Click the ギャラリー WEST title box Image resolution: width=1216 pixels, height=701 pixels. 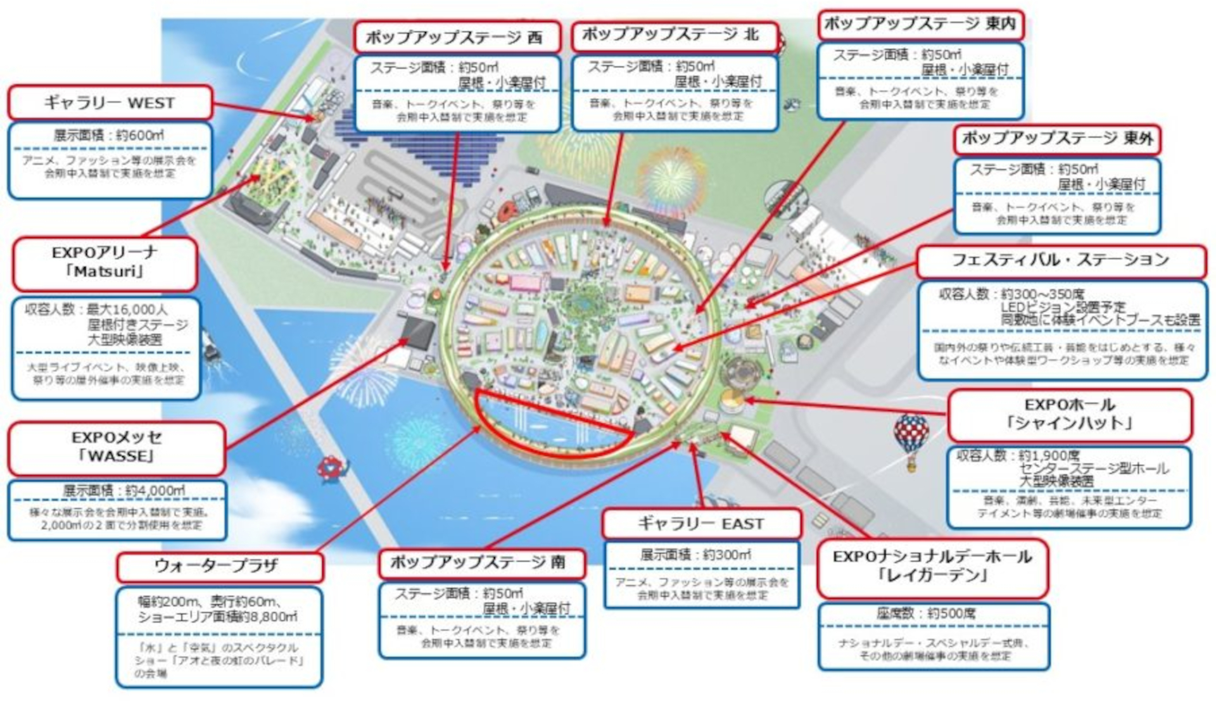coord(110,103)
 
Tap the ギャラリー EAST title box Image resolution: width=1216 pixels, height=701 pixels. coord(701,524)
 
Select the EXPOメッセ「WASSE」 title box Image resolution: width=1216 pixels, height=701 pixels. coord(117,447)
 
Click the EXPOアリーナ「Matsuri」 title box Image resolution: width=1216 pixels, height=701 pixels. coord(104,262)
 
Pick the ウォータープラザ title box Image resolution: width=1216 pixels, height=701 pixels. coord(219,566)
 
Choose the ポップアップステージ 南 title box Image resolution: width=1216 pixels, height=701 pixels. coord(481,562)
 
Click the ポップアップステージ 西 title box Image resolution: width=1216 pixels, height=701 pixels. coord(456,37)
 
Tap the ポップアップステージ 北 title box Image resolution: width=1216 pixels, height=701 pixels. coord(674,35)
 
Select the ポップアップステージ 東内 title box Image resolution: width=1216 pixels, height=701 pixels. coord(920,25)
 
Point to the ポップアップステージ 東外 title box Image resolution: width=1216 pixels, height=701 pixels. coord(1056,138)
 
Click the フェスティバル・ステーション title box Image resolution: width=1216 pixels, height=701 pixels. coord(1060,260)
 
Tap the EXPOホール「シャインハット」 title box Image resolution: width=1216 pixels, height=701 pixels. coord(1069,414)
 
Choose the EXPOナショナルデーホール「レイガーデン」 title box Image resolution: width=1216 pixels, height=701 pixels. coord(932,566)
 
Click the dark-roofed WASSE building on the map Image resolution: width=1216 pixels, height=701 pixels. coord(418,332)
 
